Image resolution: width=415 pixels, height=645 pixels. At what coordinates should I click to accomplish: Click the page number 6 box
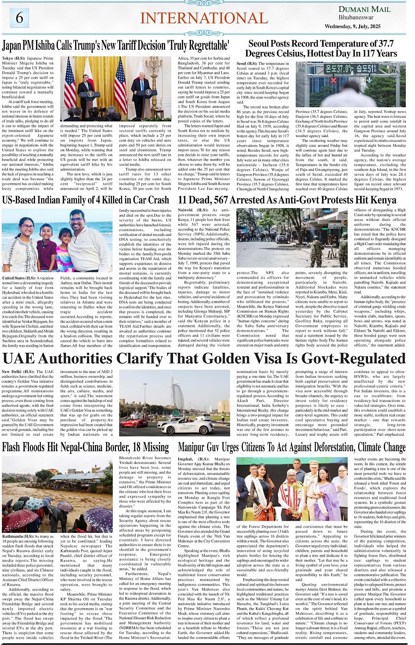coord(19,18)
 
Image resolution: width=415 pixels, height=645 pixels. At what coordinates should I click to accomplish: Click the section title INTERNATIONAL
coord(204,18)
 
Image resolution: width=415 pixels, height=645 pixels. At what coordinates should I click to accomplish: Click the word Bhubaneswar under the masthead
coord(356,18)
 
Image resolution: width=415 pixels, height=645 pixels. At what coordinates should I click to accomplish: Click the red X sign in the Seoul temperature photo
coord(332,80)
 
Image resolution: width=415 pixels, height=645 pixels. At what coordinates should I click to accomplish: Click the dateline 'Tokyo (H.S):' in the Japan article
coord(14,58)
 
